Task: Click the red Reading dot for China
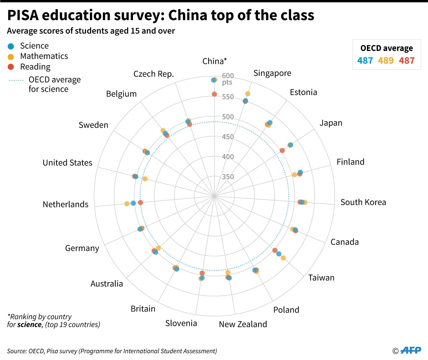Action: (214, 94)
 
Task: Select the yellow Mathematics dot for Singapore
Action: (248, 94)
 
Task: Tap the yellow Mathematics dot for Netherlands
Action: (127, 204)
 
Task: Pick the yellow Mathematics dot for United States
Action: (145, 179)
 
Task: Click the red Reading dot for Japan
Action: (282, 150)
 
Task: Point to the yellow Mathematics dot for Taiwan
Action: (283, 258)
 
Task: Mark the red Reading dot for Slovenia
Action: (202, 273)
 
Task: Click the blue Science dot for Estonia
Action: (270, 122)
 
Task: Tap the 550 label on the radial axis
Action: (228, 97)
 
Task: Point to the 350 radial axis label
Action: (228, 177)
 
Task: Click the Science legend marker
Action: (11, 46)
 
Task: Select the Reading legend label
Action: (35, 67)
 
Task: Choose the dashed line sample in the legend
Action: (16, 80)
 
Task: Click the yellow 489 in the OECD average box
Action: (386, 61)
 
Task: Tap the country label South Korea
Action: (363, 202)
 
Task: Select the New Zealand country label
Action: (243, 324)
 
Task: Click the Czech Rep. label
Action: (153, 74)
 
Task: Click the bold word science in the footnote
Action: (29, 325)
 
